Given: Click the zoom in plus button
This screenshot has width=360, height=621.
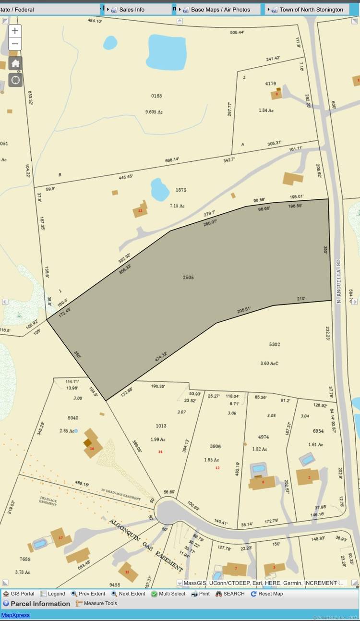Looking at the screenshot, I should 15,31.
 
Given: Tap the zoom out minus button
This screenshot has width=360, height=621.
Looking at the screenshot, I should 15,44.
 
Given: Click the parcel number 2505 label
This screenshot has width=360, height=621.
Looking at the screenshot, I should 188,278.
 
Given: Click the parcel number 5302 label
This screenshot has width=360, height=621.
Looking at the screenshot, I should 275,344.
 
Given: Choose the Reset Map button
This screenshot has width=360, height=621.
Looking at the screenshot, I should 266,594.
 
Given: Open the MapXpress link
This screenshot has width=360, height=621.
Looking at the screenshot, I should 15,615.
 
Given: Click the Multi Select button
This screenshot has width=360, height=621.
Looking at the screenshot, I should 168,594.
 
